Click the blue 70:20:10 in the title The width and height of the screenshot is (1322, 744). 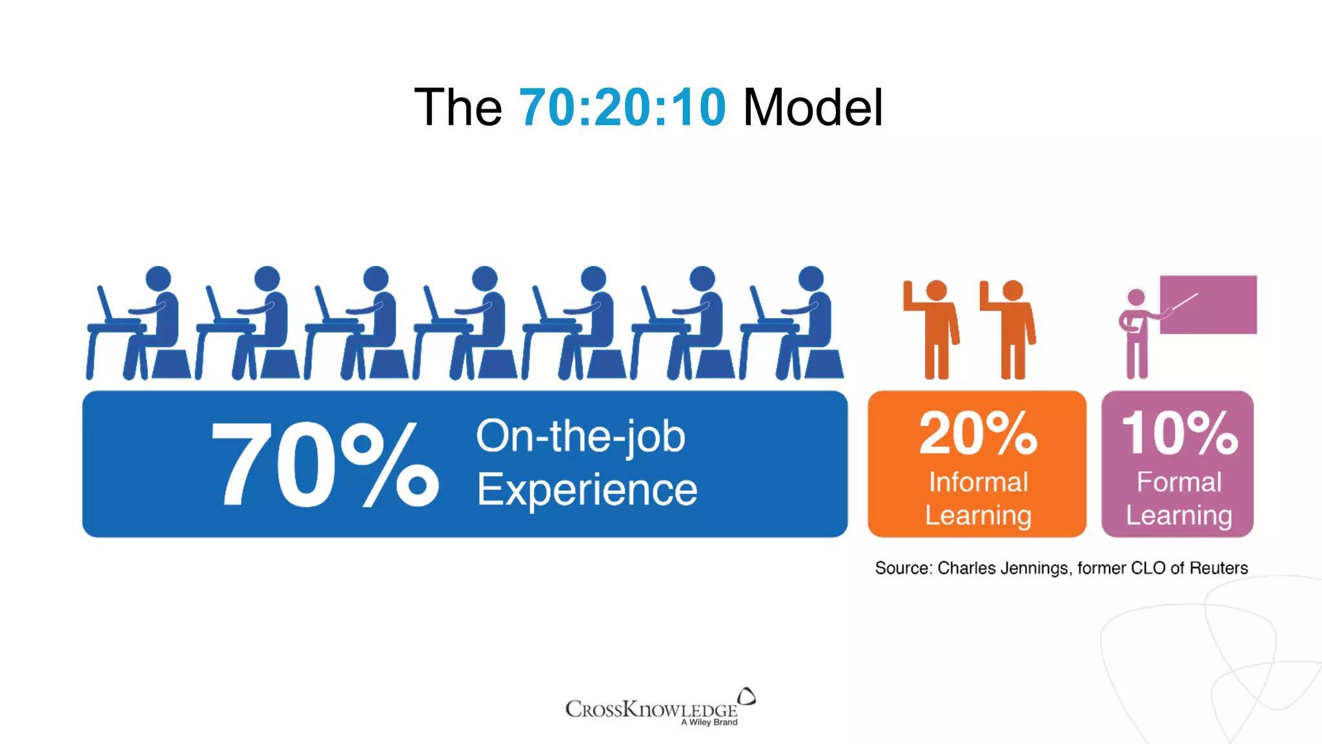pos(622,107)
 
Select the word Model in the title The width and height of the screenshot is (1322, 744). pos(813,107)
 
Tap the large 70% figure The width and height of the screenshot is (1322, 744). pos(325,464)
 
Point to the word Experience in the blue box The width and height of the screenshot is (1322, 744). pos(587,490)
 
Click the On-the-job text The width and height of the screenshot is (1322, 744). pos(580,437)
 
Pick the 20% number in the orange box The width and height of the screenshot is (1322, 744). pos(977,433)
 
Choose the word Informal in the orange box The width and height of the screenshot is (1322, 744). pos(978,482)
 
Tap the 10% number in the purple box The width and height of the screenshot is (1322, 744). pos(1179,433)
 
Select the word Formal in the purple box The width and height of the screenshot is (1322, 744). pos(1179,482)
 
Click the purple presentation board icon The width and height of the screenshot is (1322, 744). pos(1208,304)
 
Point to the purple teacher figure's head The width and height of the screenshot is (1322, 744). pos(1135,298)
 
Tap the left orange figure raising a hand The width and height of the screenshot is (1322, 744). pos(933,329)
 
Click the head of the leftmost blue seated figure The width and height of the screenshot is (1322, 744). pos(158,278)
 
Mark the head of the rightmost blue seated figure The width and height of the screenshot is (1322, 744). pos(811,278)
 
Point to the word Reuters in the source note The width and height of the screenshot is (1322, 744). pos(1218,568)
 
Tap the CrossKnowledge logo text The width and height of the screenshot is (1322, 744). pos(651,709)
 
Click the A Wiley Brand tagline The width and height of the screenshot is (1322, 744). pos(709,722)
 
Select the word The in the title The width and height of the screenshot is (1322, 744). pos(458,107)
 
